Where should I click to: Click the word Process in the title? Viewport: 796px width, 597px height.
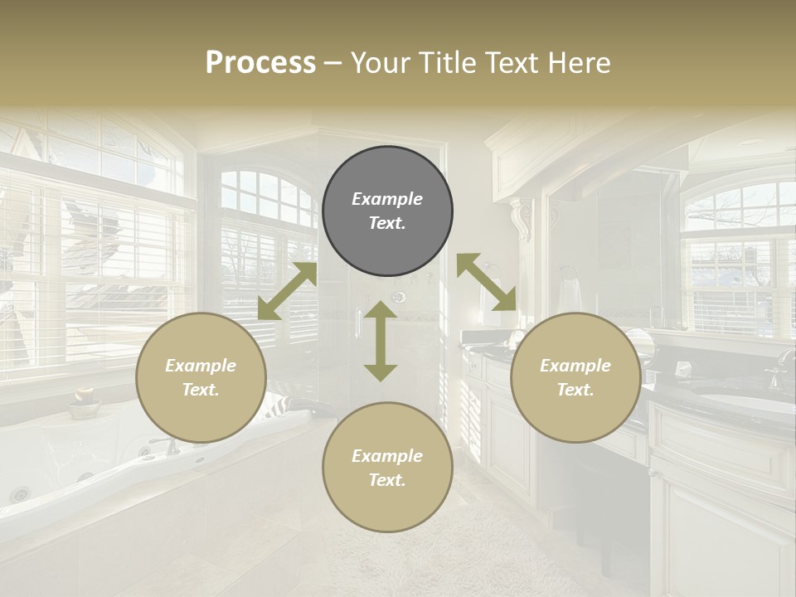point(260,63)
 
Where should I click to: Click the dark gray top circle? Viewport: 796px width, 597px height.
point(387,211)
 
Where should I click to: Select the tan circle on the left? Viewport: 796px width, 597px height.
point(201,377)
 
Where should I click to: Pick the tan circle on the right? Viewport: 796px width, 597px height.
point(575,377)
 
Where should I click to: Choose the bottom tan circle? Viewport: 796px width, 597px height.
point(387,467)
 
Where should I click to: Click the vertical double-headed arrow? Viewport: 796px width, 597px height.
point(381,341)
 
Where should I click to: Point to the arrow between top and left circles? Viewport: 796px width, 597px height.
point(287,291)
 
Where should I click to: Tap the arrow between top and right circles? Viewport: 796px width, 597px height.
point(486,283)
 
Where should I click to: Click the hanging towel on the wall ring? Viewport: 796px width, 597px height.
point(569,292)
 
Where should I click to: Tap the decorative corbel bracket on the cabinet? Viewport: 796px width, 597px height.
point(522,219)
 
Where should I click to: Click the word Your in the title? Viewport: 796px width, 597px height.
point(378,63)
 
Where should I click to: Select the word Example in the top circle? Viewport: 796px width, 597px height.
point(387,199)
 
